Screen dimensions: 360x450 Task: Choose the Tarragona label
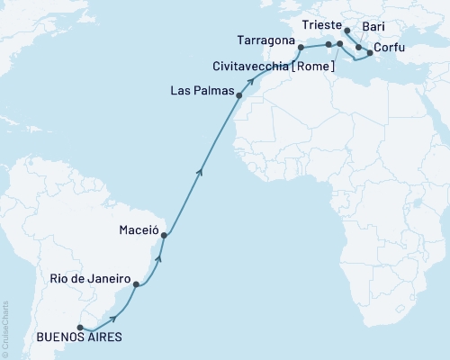265,40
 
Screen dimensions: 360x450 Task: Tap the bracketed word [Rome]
311,66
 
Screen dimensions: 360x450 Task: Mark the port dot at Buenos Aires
80,328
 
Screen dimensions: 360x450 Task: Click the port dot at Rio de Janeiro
136,284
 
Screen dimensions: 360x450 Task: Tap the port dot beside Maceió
164,236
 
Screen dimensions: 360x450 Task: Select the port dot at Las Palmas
238,94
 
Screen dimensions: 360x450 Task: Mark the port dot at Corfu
370,53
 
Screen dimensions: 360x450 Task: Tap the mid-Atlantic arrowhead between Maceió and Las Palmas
200,169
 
